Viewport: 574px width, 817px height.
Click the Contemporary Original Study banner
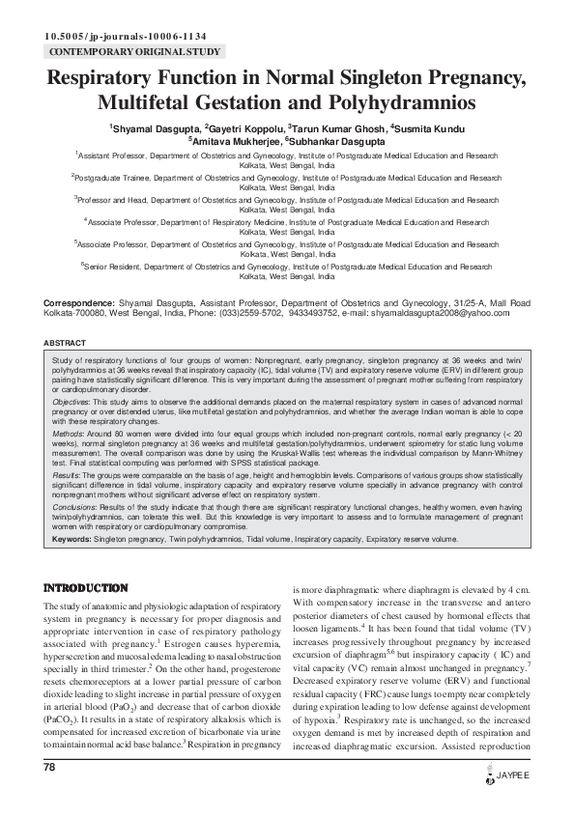134,51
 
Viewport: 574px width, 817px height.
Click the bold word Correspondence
78,302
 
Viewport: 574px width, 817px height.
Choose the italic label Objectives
71,400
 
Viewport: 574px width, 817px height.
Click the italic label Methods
68,434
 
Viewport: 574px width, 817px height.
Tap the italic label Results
67,475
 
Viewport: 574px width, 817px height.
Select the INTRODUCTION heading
86,587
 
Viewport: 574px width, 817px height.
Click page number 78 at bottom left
50,767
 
